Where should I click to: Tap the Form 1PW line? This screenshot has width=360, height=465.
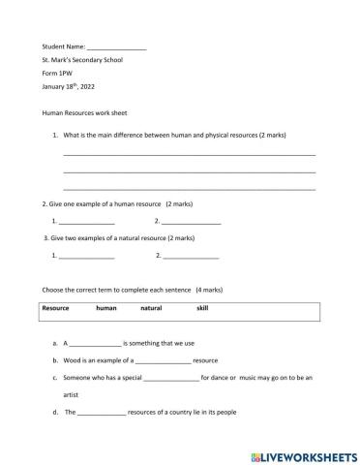[x=59, y=74]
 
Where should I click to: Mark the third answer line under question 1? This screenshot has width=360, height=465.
[x=189, y=187]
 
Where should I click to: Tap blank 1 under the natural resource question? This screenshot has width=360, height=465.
[x=86, y=257]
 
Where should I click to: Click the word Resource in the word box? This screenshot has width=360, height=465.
[x=55, y=307]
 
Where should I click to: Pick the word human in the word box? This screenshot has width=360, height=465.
[x=106, y=307]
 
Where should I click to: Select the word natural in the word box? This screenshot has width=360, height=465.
[x=151, y=307]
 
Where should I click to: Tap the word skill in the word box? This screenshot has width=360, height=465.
[x=202, y=307]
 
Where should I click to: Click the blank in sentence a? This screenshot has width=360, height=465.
[x=97, y=344]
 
